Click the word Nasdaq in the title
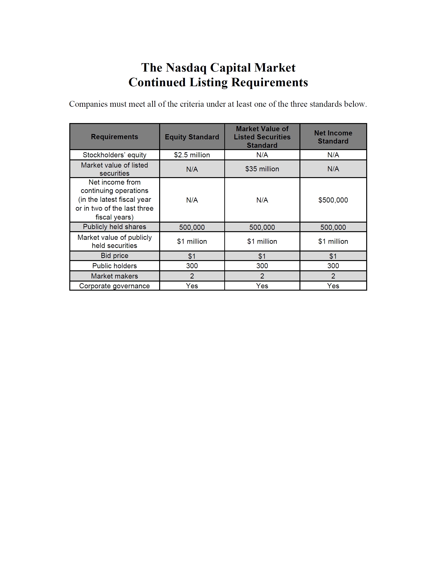(x=186, y=68)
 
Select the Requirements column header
(x=114, y=137)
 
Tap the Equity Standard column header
(x=192, y=137)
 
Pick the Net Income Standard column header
(x=333, y=137)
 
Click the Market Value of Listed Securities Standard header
(x=262, y=137)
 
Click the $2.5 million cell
(x=192, y=155)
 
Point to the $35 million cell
(x=262, y=169)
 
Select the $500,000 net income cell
(x=333, y=200)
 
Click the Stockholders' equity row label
(x=114, y=155)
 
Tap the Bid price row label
(x=114, y=256)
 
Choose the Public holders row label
(x=114, y=266)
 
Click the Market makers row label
(x=114, y=276)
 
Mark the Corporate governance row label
(x=114, y=286)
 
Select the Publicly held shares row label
(x=114, y=227)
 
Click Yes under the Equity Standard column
(x=192, y=286)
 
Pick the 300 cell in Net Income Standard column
(x=333, y=266)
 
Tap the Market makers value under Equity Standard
(x=192, y=276)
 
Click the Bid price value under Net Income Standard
(x=333, y=256)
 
